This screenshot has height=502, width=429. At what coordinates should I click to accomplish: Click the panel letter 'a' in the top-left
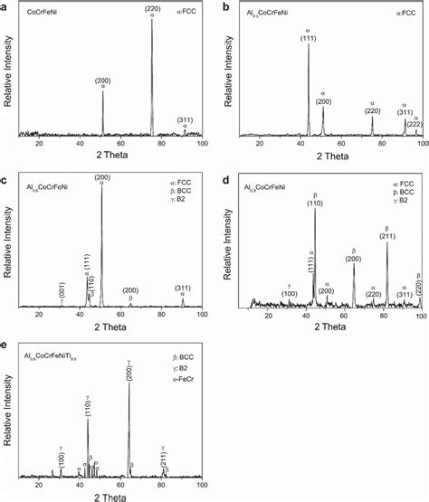(5, 6)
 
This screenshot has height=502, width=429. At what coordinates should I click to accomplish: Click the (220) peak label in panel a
(152, 10)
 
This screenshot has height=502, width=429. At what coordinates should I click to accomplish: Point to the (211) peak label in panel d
(386, 238)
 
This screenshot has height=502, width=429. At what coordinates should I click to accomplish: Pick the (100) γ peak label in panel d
(290, 293)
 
